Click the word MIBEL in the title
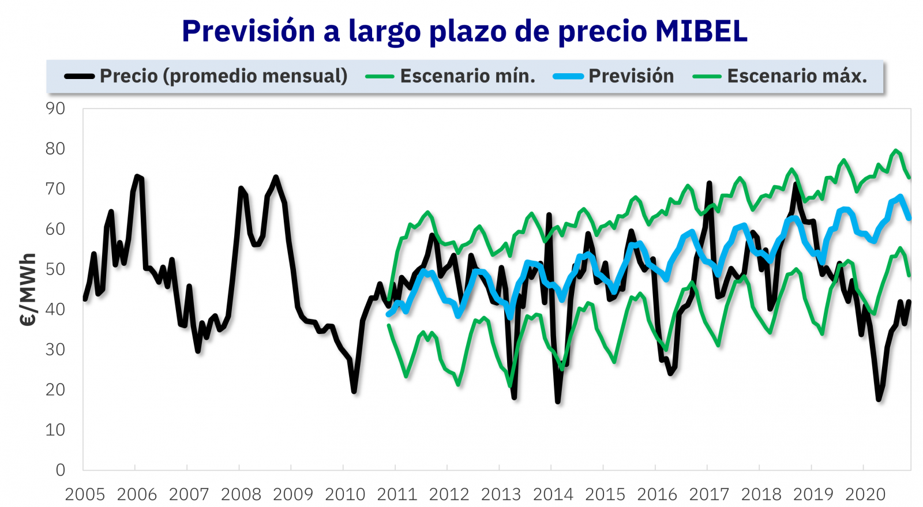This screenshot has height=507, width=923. tap(701, 31)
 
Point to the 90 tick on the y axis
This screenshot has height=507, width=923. tap(56, 108)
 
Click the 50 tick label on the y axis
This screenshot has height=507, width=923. tap(56, 269)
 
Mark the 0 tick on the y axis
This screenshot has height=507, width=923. tap(61, 470)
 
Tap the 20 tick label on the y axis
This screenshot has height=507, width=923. tap(56, 390)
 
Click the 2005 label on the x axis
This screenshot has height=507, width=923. tap(85, 495)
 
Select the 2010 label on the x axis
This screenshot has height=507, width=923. tap(345, 495)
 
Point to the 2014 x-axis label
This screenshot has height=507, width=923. tap(553, 495)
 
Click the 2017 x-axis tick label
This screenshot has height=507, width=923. tap(709, 495)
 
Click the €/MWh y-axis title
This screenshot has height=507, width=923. tap(28, 290)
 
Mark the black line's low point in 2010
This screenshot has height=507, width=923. tap(354, 392)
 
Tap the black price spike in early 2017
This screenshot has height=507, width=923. tap(709, 183)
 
